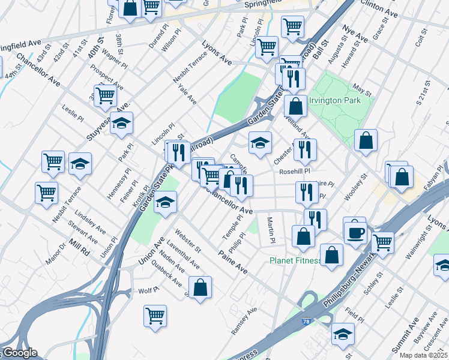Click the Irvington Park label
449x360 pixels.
pos(335,100)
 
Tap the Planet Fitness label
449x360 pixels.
pos(295,260)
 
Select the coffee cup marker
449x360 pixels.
pos(355,230)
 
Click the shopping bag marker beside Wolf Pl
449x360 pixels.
pos(200,287)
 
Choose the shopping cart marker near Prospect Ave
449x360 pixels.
pos(106,94)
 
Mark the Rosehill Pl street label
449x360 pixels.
pos(294,172)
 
